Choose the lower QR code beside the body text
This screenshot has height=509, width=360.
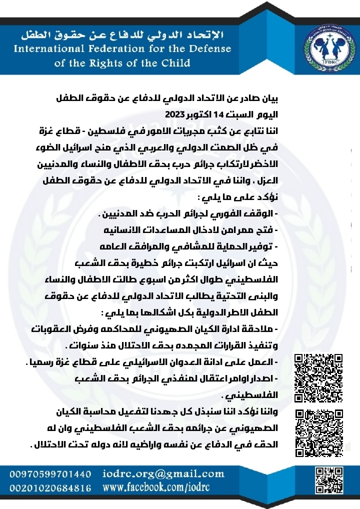[318, 433]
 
